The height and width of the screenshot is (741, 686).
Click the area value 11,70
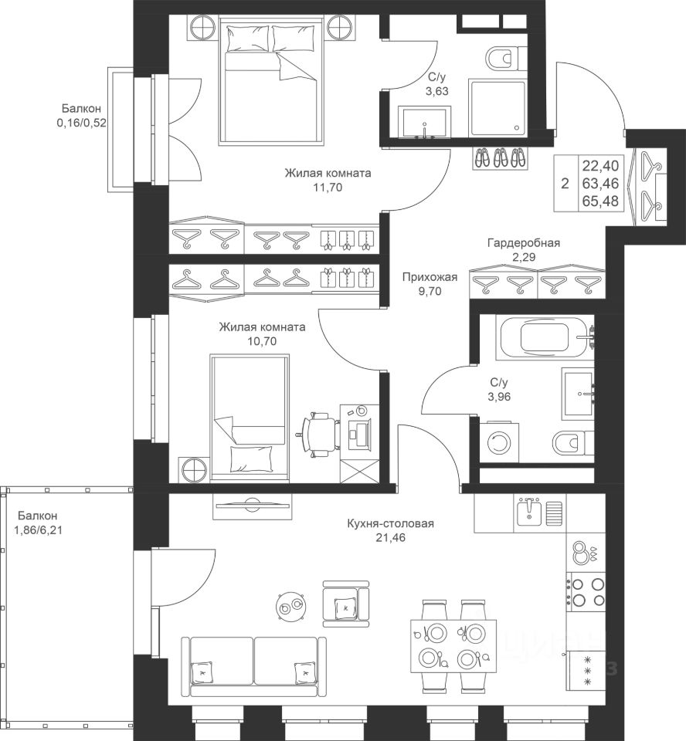(x=328, y=188)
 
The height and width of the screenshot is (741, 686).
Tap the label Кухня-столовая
(x=390, y=523)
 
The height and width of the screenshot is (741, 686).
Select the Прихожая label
(x=430, y=277)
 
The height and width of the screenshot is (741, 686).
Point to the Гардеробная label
(x=524, y=243)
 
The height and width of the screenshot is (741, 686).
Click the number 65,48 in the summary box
(x=600, y=201)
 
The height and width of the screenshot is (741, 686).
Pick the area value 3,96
(x=499, y=397)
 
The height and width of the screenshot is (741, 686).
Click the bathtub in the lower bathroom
(x=544, y=337)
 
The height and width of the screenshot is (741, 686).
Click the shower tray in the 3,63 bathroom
(x=498, y=108)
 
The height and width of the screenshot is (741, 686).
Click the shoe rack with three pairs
(x=501, y=157)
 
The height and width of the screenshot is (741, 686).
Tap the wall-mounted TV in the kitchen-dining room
(x=251, y=506)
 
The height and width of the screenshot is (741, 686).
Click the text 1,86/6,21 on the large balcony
(x=39, y=530)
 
